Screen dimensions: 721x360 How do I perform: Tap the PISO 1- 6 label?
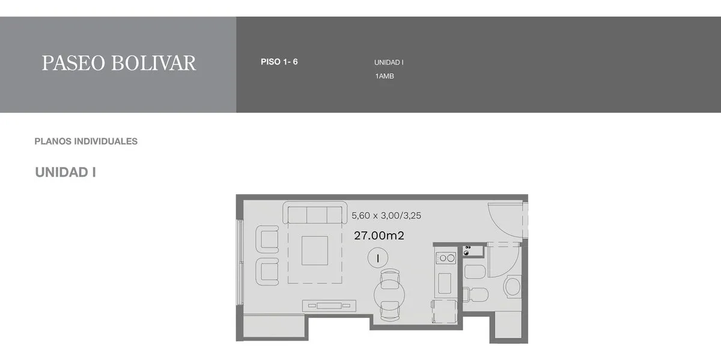coord(279,61)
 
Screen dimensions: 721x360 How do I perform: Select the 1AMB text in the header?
coord(385,76)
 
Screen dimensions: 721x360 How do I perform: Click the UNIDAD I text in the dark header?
coord(389,62)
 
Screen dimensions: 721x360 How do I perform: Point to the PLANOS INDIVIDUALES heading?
coord(86,141)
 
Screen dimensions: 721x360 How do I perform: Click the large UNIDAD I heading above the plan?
coord(65,172)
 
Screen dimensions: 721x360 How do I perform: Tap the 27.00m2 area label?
coord(379,236)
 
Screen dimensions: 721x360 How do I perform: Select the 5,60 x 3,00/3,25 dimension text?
coord(386,215)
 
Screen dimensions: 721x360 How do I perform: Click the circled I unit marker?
coord(377,258)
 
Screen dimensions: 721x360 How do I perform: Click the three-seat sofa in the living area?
coord(315,213)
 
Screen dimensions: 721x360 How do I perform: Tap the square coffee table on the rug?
coord(315,251)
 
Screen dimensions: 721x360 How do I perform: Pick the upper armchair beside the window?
coord(267,239)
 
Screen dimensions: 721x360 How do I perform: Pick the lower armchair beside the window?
coord(267,272)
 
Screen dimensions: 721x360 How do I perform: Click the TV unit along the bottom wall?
coord(329,305)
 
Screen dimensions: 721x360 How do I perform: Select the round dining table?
coord(389,294)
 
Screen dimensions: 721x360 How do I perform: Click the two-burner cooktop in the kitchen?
coord(446,258)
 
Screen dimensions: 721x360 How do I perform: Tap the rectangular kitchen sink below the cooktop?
coord(445,283)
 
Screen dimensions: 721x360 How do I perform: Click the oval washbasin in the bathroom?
coord(512,286)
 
